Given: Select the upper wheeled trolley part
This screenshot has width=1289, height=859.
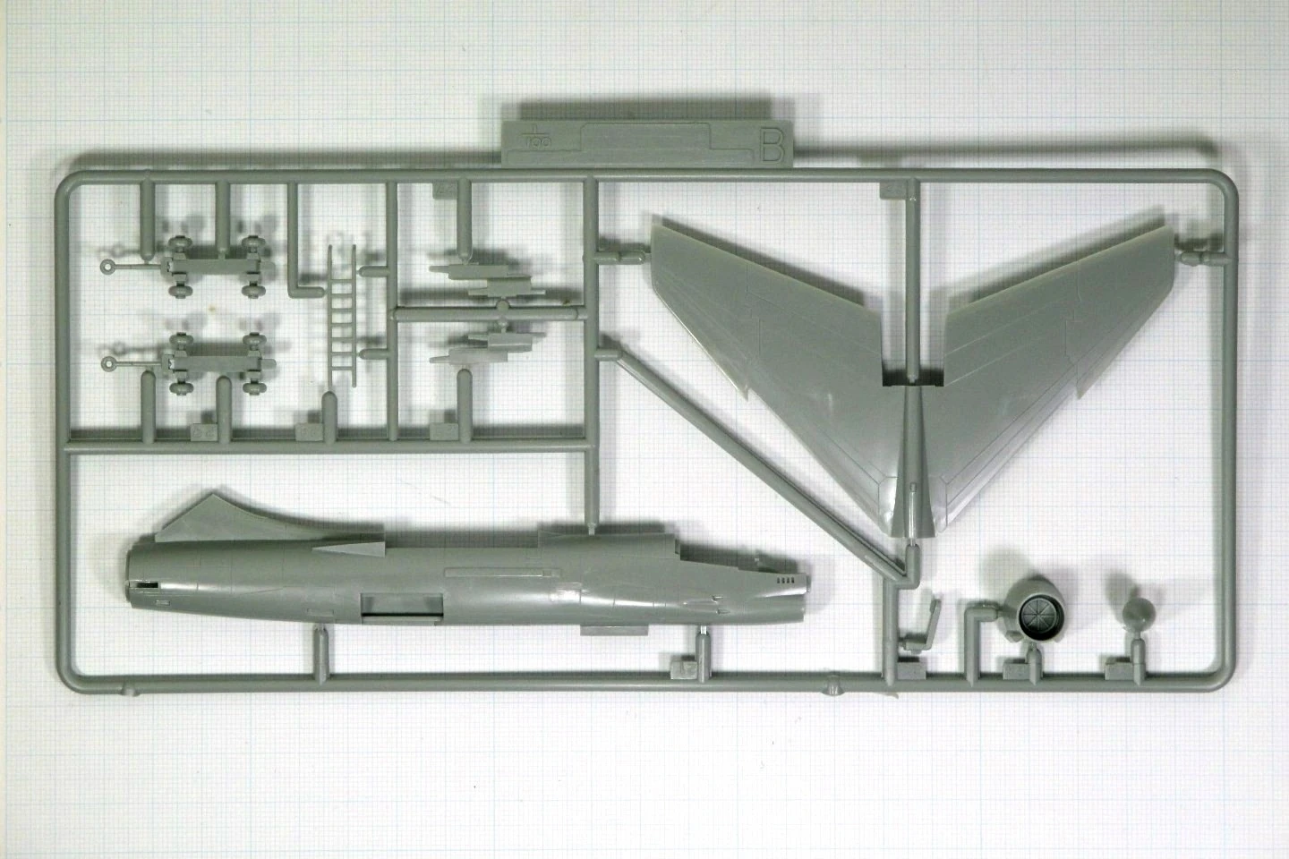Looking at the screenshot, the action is tap(215, 266).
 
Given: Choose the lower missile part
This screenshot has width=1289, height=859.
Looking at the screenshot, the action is tap(488, 349).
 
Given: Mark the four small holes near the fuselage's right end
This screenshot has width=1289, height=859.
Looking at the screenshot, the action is tap(784, 580).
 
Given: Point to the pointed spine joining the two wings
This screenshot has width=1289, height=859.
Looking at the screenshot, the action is tap(910, 474).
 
